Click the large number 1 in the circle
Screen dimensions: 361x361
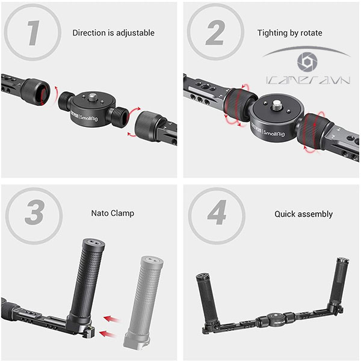coord(33,32)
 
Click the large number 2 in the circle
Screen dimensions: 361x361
coord(215,32)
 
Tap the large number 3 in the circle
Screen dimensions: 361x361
coord(34,212)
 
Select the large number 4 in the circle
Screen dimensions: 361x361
coord(217,212)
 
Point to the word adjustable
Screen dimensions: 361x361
coord(135,32)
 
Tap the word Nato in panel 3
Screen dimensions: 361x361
coord(99,213)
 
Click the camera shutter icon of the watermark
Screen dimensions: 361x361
coord(307,62)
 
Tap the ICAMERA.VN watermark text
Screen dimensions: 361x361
coord(308,80)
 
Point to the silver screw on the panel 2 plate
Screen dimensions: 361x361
coord(277,105)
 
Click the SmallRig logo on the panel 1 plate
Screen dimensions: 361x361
coord(88,118)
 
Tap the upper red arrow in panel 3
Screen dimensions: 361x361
coord(111,319)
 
